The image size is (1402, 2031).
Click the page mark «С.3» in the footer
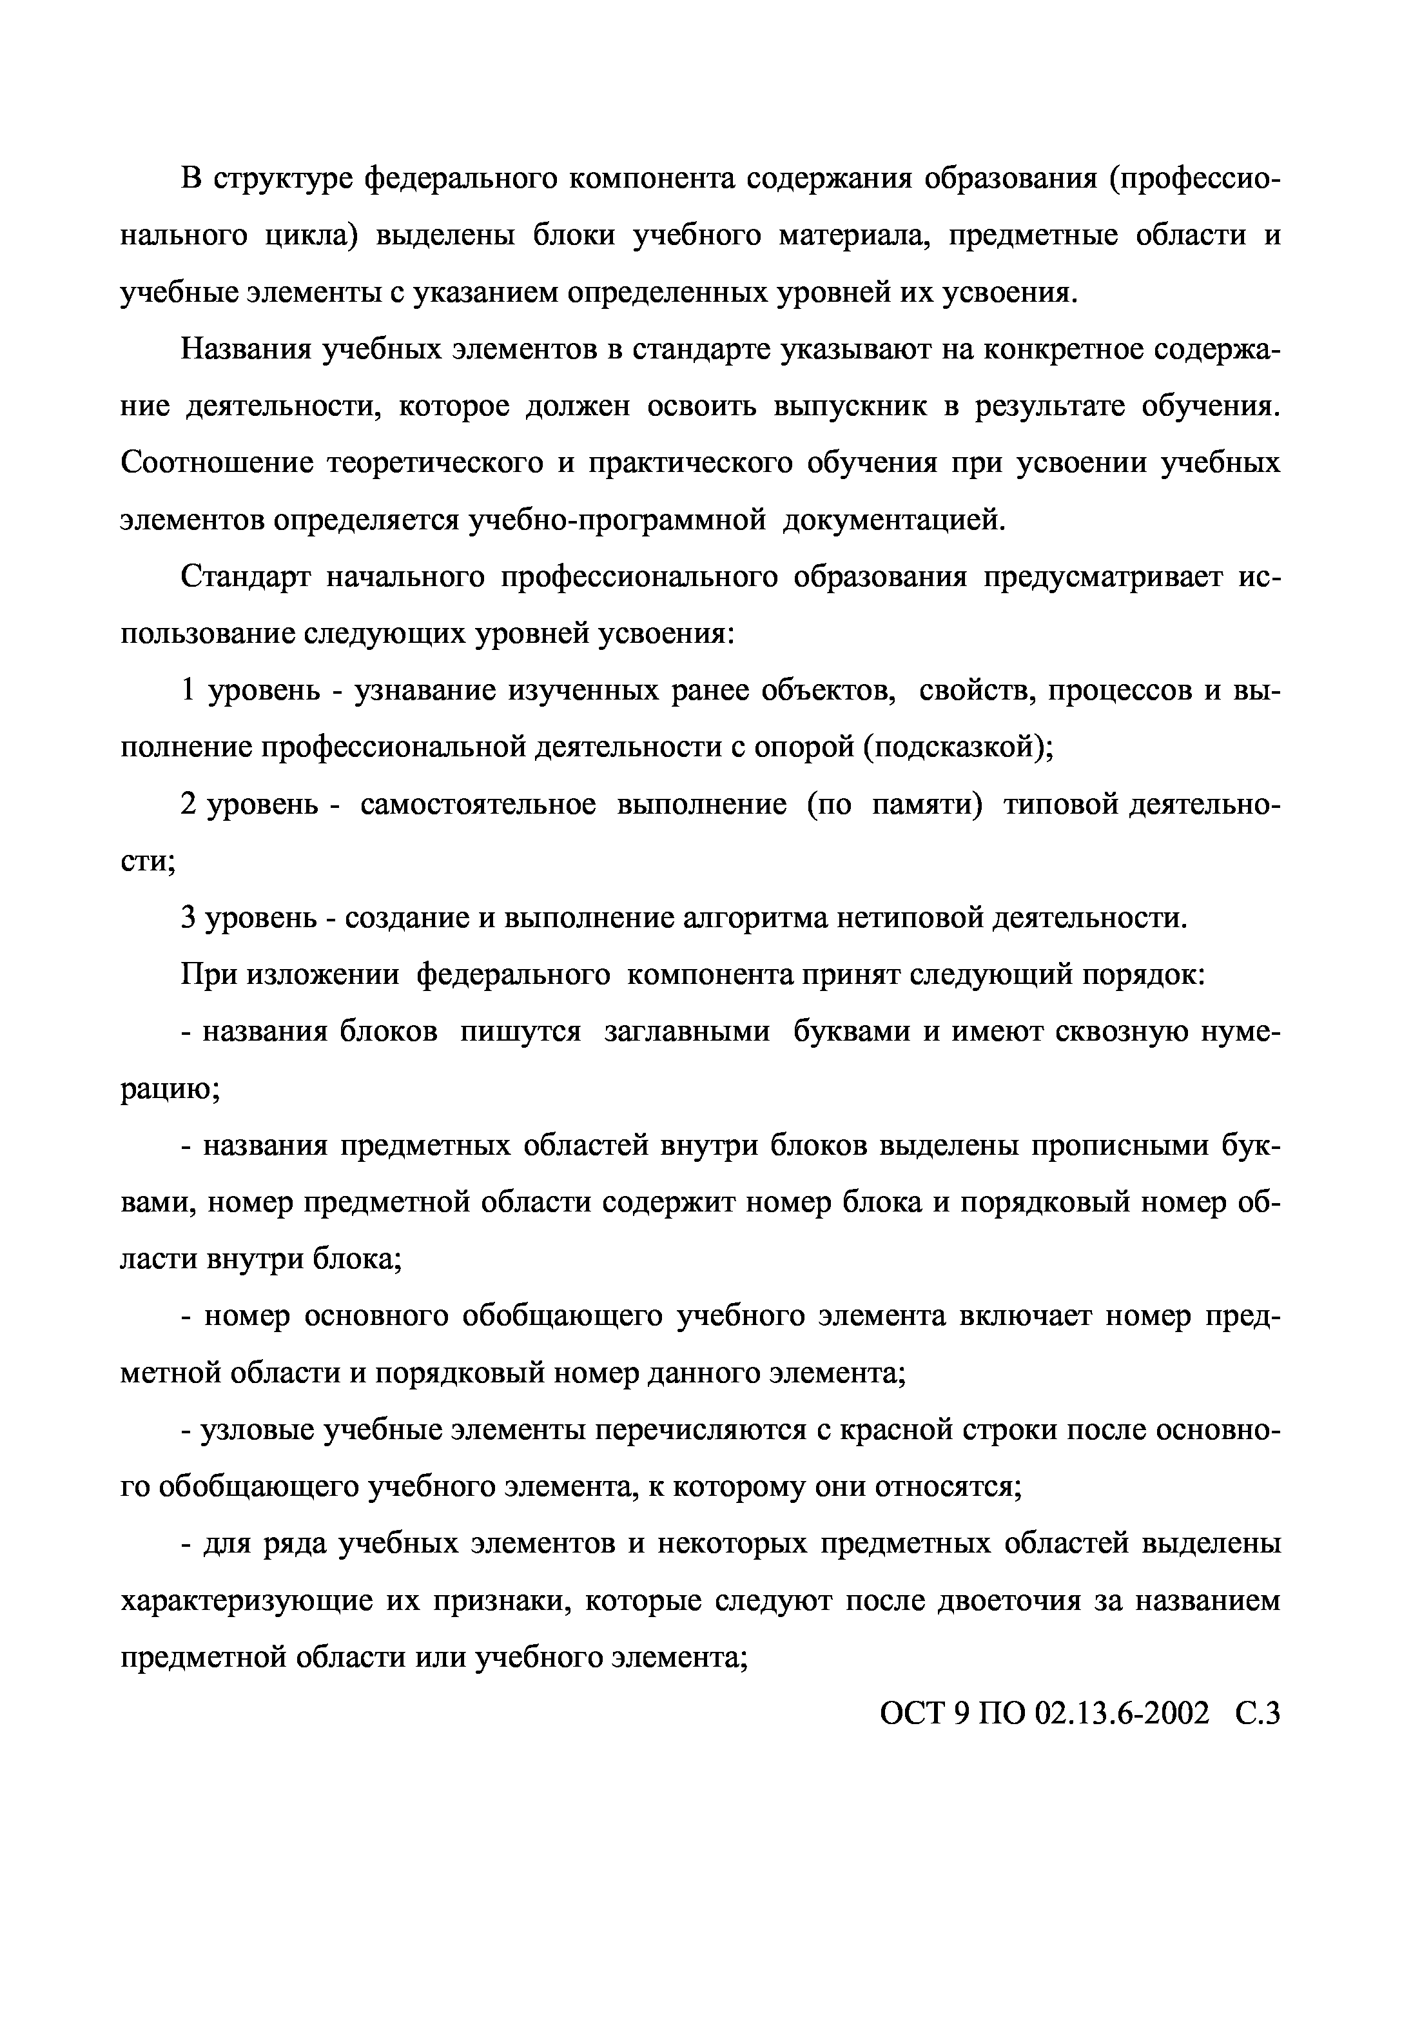pos(1257,1714)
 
